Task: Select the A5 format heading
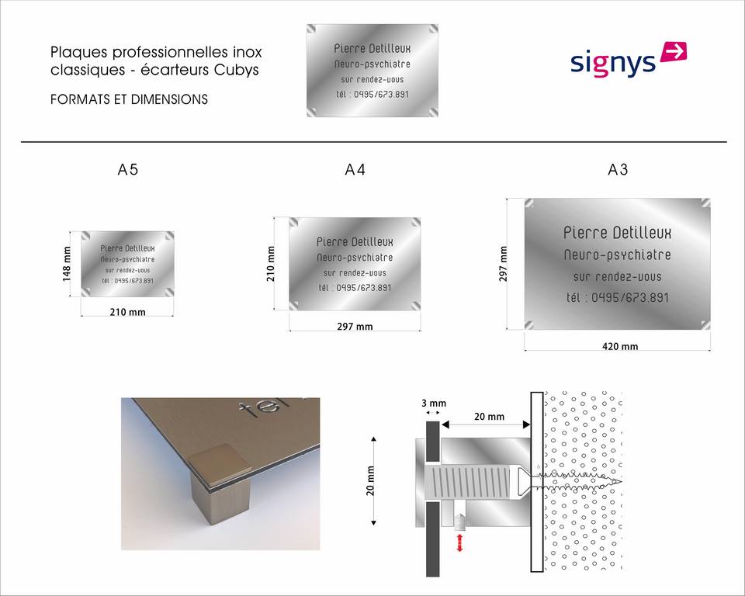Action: click(128, 170)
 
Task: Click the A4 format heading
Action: click(355, 170)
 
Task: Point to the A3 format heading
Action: click(618, 170)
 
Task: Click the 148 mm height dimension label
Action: click(67, 265)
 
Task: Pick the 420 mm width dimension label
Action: click(620, 346)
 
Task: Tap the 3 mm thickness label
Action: click(434, 404)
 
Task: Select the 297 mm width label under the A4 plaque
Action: click(355, 327)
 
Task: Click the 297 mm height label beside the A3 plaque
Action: click(503, 265)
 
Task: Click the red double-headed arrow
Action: click(459, 542)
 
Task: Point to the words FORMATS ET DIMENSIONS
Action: click(130, 99)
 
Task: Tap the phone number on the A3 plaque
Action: click(617, 298)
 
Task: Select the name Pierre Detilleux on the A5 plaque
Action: click(127, 248)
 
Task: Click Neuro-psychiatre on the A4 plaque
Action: click(355, 258)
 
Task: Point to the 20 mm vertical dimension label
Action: click(371, 481)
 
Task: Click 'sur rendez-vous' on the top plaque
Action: click(372, 80)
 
